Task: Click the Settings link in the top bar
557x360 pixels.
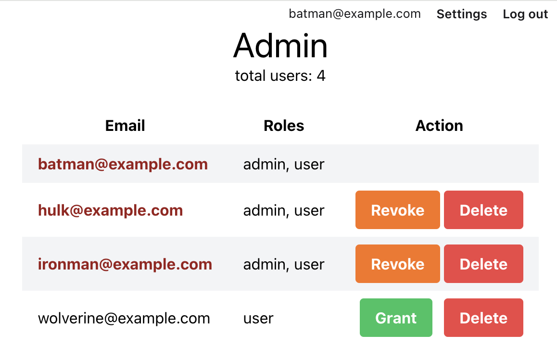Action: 461,14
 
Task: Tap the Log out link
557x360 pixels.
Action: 525,14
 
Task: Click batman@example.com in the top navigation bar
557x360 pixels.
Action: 354,14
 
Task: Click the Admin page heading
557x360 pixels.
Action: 280,46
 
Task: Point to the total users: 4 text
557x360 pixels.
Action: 280,76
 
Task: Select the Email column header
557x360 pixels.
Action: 125,126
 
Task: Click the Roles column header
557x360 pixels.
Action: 284,126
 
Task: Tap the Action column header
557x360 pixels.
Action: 439,126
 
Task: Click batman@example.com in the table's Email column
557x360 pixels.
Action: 123,164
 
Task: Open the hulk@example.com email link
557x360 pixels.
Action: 111,210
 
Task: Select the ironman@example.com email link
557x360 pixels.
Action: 125,264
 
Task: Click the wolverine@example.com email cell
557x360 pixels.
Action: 124,319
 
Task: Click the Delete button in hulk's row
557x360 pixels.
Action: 483,210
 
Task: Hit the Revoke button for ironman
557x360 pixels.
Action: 397,264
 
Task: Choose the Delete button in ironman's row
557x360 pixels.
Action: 483,264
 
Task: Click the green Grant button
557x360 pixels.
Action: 396,318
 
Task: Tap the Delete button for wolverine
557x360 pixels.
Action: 483,318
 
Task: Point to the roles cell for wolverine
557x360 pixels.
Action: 258,319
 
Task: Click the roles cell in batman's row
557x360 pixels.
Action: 284,165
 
